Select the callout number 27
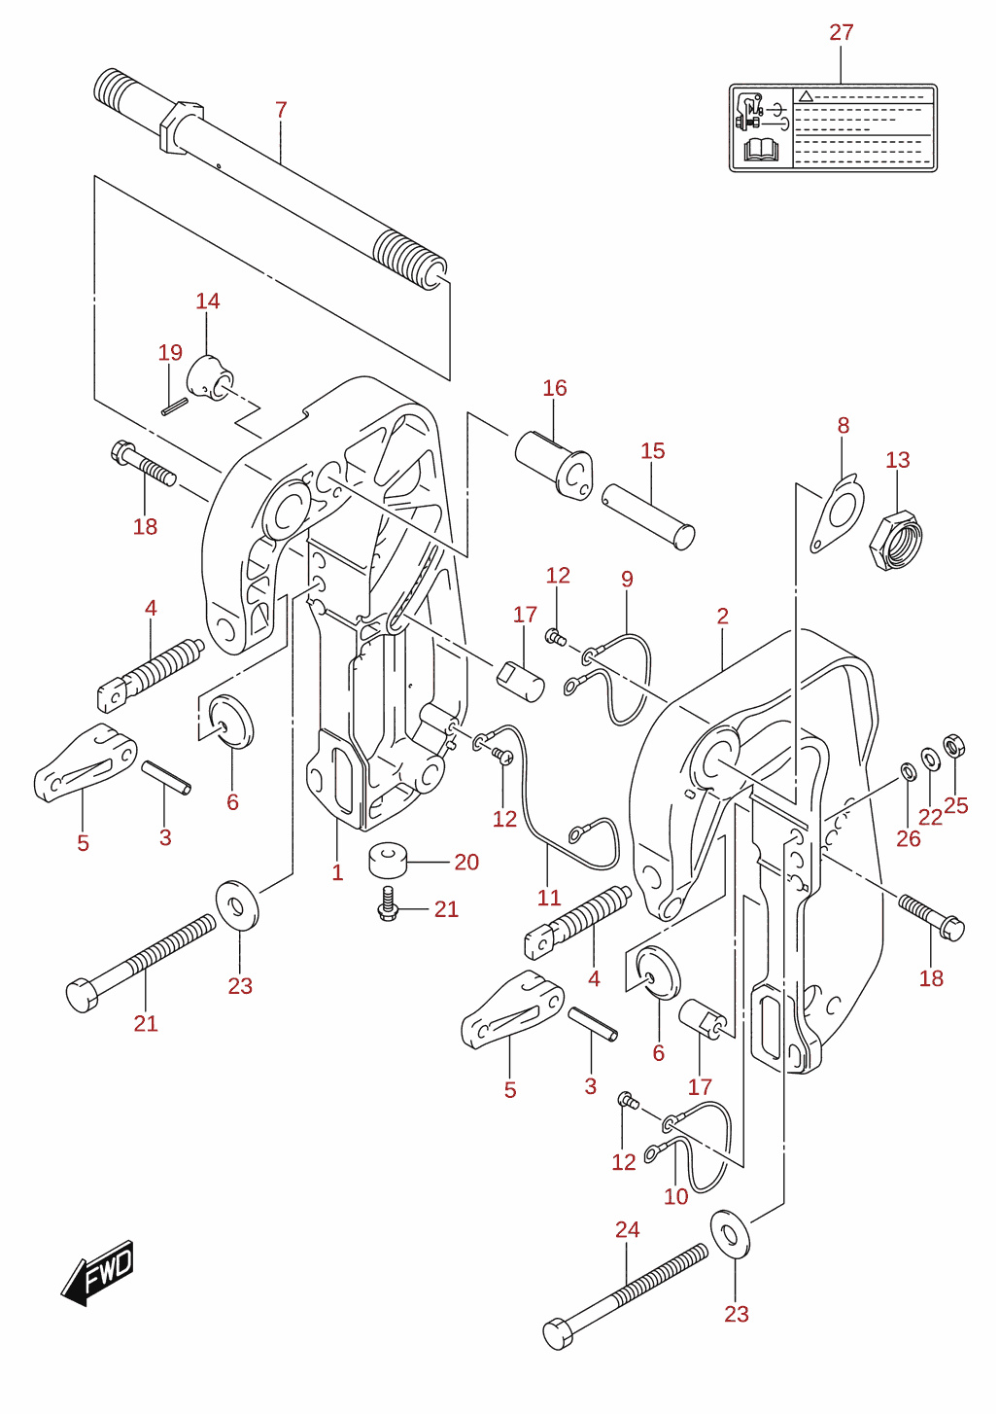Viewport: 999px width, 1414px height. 842,32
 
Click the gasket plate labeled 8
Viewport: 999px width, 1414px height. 837,513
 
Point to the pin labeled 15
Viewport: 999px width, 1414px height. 648,516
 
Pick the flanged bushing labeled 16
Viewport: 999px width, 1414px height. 554,463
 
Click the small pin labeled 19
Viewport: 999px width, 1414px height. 174,406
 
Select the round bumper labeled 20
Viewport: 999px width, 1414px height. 388,859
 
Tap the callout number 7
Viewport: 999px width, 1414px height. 281,110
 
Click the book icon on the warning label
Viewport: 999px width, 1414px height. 761,150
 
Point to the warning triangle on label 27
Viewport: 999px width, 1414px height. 806,96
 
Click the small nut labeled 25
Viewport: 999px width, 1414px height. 953,746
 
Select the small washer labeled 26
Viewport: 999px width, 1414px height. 907,770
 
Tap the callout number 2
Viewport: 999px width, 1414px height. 723,617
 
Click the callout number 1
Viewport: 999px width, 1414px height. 337,873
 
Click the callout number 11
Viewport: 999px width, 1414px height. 549,897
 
